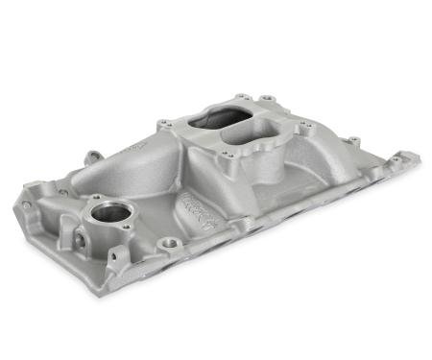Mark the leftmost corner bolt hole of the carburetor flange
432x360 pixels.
tap(165, 123)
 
